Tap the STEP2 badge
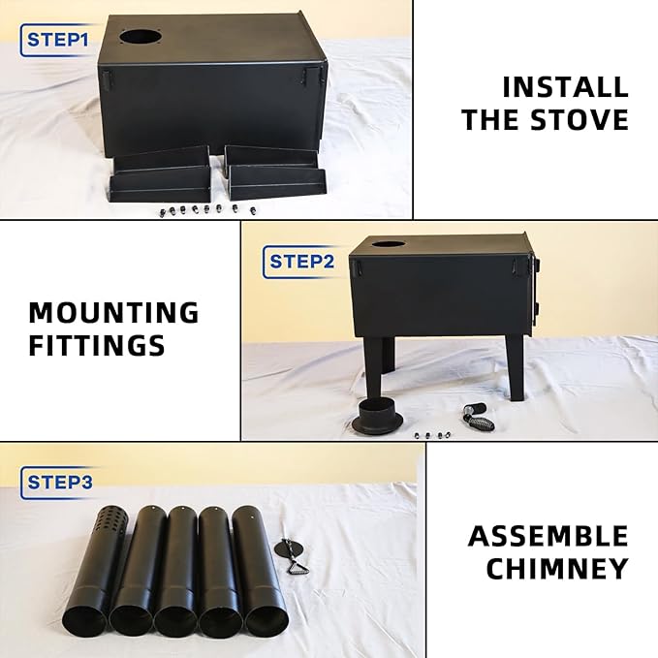(x=301, y=261)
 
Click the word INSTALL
(x=565, y=87)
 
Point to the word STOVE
(x=580, y=120)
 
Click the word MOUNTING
(x=113, y=313)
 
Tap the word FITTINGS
(x=97, y=346)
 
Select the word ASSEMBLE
(x=548, y=536)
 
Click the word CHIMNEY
(x=557, y=569)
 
